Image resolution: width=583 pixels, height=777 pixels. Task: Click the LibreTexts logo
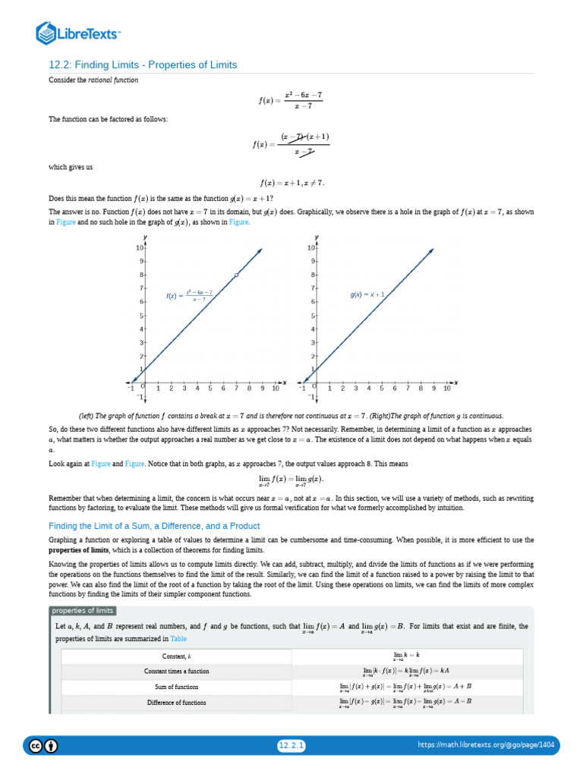(79, 33)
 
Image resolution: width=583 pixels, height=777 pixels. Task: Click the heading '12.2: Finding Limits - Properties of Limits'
(143, 65)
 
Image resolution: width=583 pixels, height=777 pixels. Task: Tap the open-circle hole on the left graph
(237, 275)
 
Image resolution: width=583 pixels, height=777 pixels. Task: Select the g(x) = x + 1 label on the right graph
(368, 294)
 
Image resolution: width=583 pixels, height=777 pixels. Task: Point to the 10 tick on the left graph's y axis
(140, 248)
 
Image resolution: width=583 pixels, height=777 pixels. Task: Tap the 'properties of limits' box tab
(83, 611)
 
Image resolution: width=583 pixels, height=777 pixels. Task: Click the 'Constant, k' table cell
(177, 656)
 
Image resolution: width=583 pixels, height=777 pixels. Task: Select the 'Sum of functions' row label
(177, 687)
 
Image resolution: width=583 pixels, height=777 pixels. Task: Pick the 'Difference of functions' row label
(177, 703)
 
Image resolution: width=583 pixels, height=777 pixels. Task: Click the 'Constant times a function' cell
(177, 672)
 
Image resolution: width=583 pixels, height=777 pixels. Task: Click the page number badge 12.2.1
(291, 746)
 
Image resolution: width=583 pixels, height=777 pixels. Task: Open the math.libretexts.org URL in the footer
(487, 746)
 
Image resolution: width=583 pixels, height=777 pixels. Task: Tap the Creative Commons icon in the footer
(36, 746)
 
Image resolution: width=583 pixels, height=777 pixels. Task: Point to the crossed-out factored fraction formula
(291, 143)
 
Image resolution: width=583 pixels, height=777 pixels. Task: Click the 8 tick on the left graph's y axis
(141, 275)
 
